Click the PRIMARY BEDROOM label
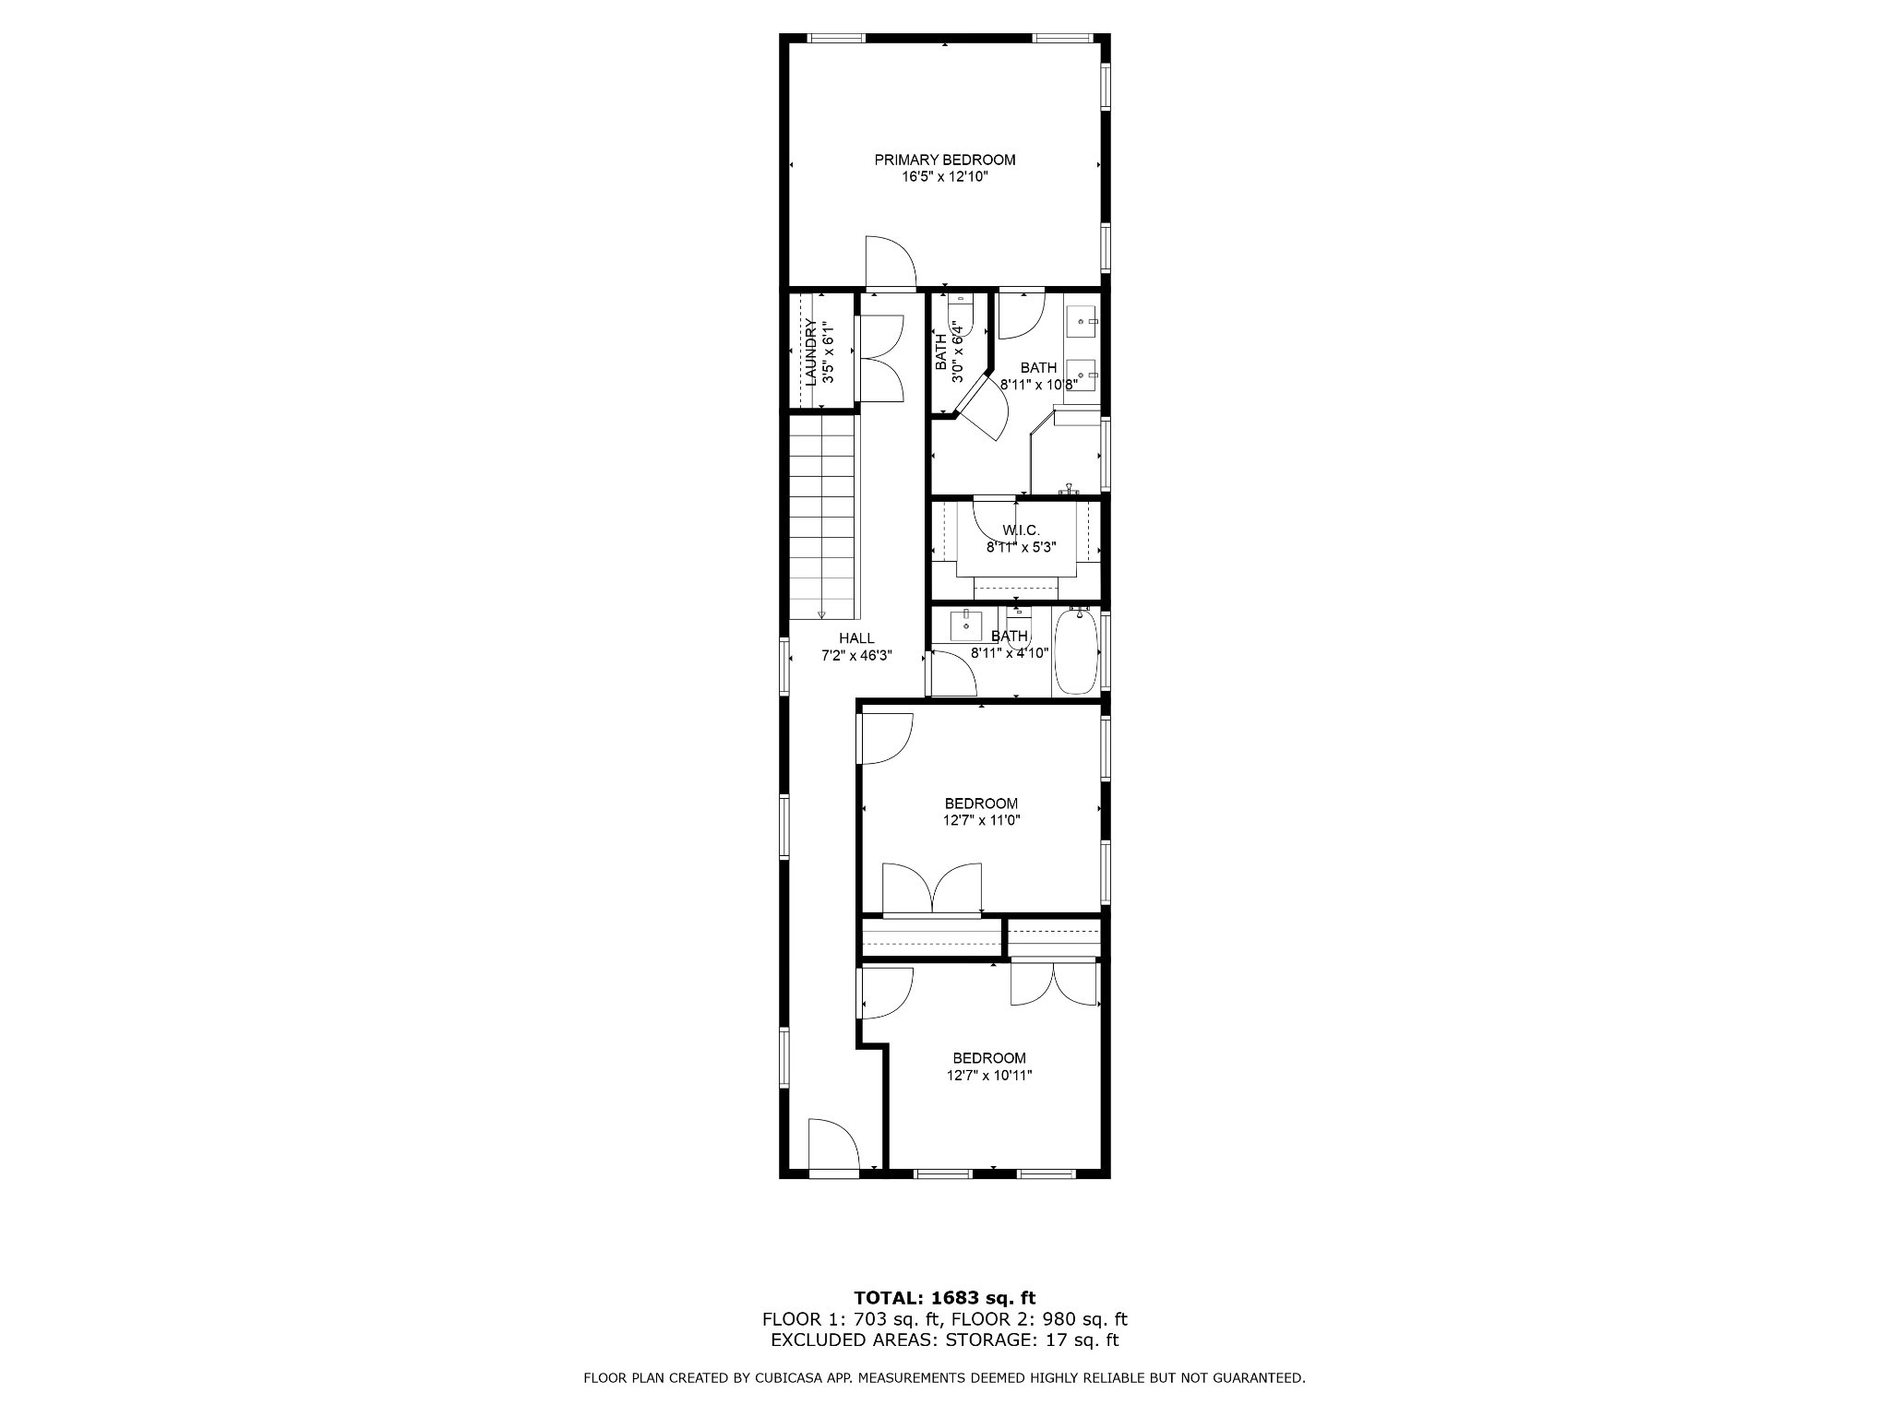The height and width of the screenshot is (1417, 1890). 945,160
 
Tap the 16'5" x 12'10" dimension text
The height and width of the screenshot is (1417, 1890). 945,176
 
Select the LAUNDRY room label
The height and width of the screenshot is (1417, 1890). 810,351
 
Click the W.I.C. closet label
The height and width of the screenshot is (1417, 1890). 1021,530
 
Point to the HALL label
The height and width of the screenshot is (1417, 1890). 856,638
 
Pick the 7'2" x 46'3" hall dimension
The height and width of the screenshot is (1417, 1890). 856,656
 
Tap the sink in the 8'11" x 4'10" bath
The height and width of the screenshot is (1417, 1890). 966,625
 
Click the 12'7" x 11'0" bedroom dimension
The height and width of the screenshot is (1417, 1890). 981,820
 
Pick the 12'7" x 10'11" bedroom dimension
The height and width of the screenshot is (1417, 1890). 989,1075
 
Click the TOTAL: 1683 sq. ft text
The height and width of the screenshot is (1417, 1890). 945,1299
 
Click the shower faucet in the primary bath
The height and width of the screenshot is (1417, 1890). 1071,489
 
